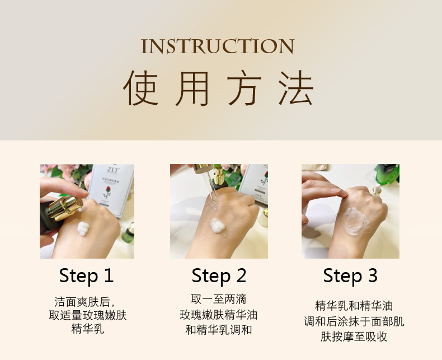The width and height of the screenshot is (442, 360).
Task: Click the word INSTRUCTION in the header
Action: [x=218, y=46]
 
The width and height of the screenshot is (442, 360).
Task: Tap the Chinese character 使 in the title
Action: [x=140, y=88]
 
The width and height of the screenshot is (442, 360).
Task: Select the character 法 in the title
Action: [x=296, y=88]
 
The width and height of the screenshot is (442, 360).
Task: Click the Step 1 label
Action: [x=86, y=275]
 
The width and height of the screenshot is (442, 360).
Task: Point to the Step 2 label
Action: [x=219, y=275]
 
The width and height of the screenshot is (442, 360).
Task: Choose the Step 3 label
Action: [x=350, y=275]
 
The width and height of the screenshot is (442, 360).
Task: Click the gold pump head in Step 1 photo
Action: [x=65, y=208]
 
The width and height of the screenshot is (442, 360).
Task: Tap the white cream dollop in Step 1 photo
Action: [x=83, y=228]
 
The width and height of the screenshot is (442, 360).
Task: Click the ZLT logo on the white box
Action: [x=113, y=170]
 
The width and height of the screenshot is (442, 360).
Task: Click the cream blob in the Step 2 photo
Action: [x=217, y=226]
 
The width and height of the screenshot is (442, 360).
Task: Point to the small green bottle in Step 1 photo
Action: [x=129, y=233]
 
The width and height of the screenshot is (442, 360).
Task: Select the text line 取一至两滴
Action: [x=218, y=299]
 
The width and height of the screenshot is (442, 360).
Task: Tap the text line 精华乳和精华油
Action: [x=354, y=306]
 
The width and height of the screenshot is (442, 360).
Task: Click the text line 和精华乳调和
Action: [x=218, y=330]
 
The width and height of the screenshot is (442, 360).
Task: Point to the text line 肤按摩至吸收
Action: [x=354, y=336]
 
